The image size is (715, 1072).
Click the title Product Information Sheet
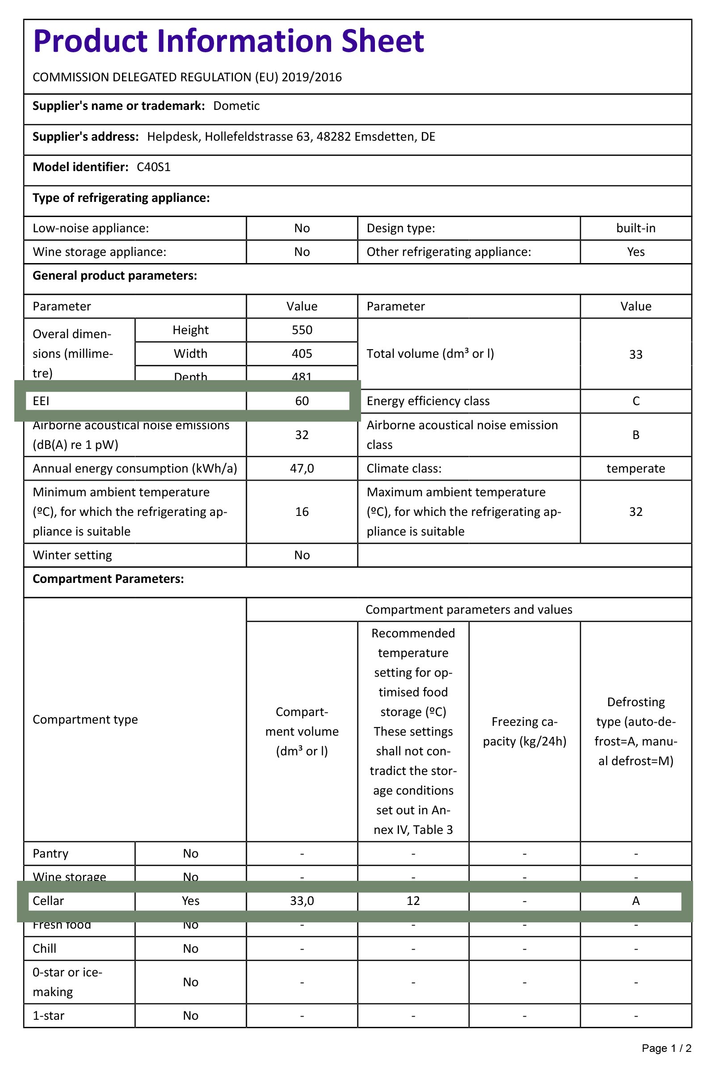click(x=228, y=42)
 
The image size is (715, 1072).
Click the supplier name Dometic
click(x=236, y=106)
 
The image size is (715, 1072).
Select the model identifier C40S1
click(x=154, y=167)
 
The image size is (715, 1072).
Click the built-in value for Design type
click(x=635, y=228)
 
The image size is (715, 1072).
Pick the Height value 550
click(x=302, y=330)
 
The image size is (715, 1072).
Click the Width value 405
click(x=302, y=354)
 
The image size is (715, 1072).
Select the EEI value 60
click(x=302, y=401)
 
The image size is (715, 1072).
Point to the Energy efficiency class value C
click(x=635, y=401)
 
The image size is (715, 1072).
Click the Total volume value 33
click(x=635, y=355)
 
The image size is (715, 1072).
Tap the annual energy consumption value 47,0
click(x=302, y=469)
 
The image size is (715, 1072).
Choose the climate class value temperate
click(x=635, y=469)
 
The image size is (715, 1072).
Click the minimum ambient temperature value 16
click(x=302, y=512)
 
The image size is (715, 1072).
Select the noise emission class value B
click(x=635, y=435)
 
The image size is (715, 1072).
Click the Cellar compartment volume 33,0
click(x=302, y=900)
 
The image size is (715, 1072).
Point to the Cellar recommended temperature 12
click(x=413, y=900)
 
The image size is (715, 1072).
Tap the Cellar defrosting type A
click(x=635, y=900)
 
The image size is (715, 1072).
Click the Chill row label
click(x=45, y=948)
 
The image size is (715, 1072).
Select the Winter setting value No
click(x=302, y=555)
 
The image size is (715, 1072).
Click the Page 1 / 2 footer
click(x=666, y=1048)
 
